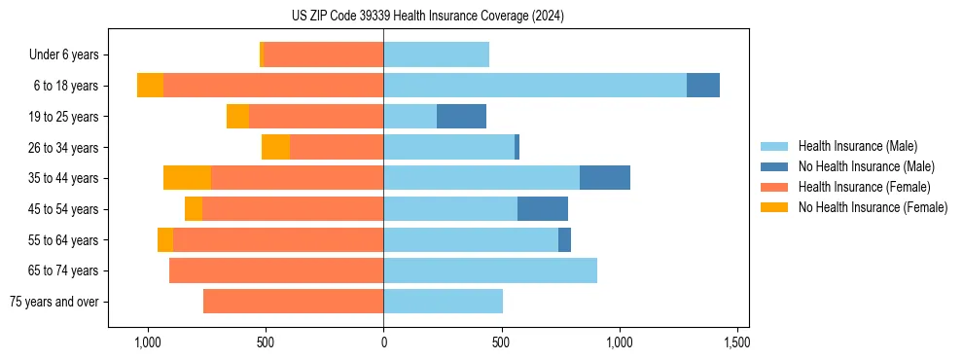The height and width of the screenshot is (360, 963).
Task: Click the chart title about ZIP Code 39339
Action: [x=427, y=16]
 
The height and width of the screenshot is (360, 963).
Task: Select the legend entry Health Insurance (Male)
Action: [x=857, y=146]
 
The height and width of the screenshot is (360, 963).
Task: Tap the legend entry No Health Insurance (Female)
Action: [x=873, y=207]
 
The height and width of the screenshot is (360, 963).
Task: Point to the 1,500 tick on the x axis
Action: [x=736, y=343]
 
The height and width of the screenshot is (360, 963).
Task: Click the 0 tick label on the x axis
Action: [x=383, y=343]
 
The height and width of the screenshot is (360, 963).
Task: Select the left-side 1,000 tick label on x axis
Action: [x=148, y=343]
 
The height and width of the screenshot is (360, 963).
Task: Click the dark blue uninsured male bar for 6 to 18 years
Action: [x=703, y=86]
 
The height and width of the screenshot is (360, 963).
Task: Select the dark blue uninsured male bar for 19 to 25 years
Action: [x=461, y=117]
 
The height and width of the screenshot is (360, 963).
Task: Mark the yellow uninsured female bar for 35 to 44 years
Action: [x=187, y=178]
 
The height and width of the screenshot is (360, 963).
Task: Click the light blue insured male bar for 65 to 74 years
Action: [x=490, y=270]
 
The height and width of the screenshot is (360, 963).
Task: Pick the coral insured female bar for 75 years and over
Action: [x=293, y=302]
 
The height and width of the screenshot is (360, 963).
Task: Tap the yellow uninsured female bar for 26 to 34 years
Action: [x=275, y=147]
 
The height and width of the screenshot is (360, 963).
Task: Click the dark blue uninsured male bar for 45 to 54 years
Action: [x=543, y=209]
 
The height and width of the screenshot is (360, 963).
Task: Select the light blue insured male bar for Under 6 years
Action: [x=436, y=55]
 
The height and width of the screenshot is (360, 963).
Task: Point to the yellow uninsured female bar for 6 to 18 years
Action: [x=150, y=86]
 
